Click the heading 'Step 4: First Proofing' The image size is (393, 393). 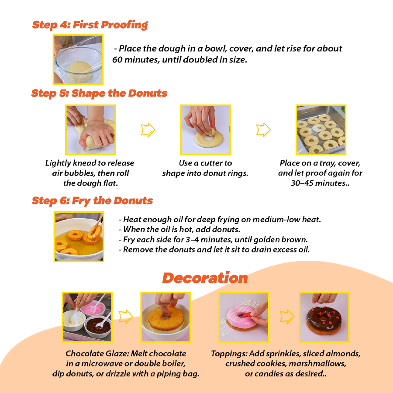click(x=90, y=24)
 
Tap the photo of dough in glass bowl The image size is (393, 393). click(x=78, y=59)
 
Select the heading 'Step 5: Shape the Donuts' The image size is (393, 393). click(x=99, y=93)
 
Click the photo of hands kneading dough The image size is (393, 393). click(x=90, y=130)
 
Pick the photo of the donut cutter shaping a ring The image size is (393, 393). click(x=205, y=130)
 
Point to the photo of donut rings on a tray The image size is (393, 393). click(x=321, y=130)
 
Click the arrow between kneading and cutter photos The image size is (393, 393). click(x=148, y=130)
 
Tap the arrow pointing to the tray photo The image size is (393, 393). click(x=263, y=130)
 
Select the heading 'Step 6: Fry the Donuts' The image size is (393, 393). click(x=92, y=201)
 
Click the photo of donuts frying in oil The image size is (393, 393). click(x=79, y=237)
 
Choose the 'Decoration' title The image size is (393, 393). click(x=205, y=278)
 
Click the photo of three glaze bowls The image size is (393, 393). click(x=87, y=317)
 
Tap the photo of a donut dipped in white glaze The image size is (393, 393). click(x=165, y=317)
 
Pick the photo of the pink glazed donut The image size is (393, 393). click(x=244, y=317)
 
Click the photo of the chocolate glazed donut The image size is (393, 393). click(x=324, y=317)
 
